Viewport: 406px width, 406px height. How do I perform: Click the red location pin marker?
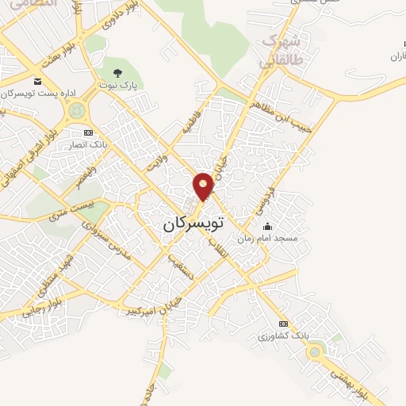204,186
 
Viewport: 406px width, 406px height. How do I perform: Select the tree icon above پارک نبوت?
118,73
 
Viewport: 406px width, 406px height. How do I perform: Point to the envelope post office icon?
37,81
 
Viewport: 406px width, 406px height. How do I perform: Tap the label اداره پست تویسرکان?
39,94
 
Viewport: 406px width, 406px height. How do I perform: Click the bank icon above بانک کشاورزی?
284,324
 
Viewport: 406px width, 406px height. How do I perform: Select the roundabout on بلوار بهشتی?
316,350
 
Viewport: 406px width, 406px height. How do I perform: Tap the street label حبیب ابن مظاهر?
283,114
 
